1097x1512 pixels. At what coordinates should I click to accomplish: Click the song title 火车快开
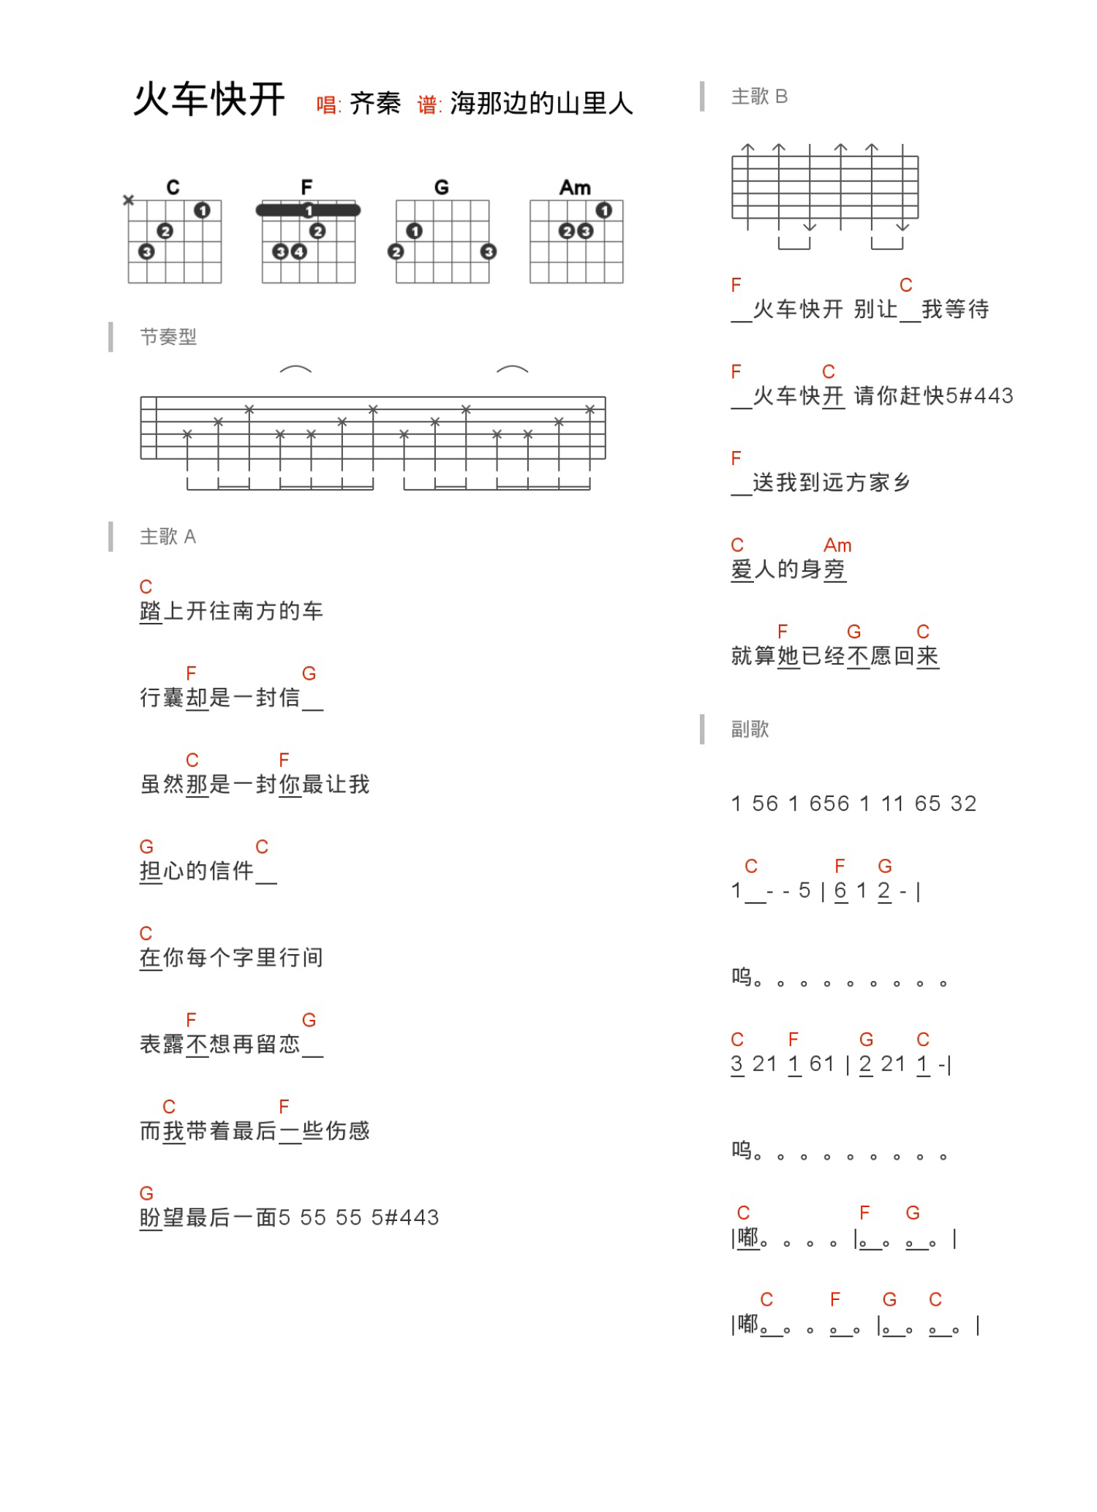click(x=208, y=99)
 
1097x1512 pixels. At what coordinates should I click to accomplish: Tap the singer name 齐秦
click(x=374, y=104)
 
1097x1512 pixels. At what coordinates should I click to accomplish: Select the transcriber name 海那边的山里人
click(x=541, y=104)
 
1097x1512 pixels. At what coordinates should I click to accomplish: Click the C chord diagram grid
click(x=174, y=241)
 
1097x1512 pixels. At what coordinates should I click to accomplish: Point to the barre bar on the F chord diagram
click(x=308, y=211)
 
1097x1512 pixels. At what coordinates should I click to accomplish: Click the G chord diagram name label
click(x=441, y=187)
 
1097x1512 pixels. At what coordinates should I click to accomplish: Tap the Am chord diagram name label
click(x=575, y=187)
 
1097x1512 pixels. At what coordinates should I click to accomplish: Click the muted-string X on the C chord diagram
click(x=129, y=200)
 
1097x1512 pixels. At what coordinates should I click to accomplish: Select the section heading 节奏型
click(x=168, y=337)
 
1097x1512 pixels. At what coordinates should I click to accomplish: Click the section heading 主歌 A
click(x=168, y=537)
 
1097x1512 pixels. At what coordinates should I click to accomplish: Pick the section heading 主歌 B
click(x=759, y=97)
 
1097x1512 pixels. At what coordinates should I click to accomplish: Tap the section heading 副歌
click(x=750, y=729)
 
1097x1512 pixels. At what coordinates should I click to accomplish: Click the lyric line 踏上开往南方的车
click(x=231, y=611)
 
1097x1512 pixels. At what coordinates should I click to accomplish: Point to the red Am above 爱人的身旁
click(x=837, y=545)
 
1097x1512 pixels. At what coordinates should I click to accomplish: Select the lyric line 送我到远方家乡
click(x=831, y=483)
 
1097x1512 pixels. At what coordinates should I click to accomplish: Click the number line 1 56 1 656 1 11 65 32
click(x=853, y=804)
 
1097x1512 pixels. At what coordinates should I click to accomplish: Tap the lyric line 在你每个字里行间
click(x=231, y=958)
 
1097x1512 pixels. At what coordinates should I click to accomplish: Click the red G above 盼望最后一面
click(x=146, y=1194)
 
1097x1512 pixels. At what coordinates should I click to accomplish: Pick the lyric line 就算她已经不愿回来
click(x=834, y=656)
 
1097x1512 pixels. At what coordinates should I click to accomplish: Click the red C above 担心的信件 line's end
click(x=262, y=847)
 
